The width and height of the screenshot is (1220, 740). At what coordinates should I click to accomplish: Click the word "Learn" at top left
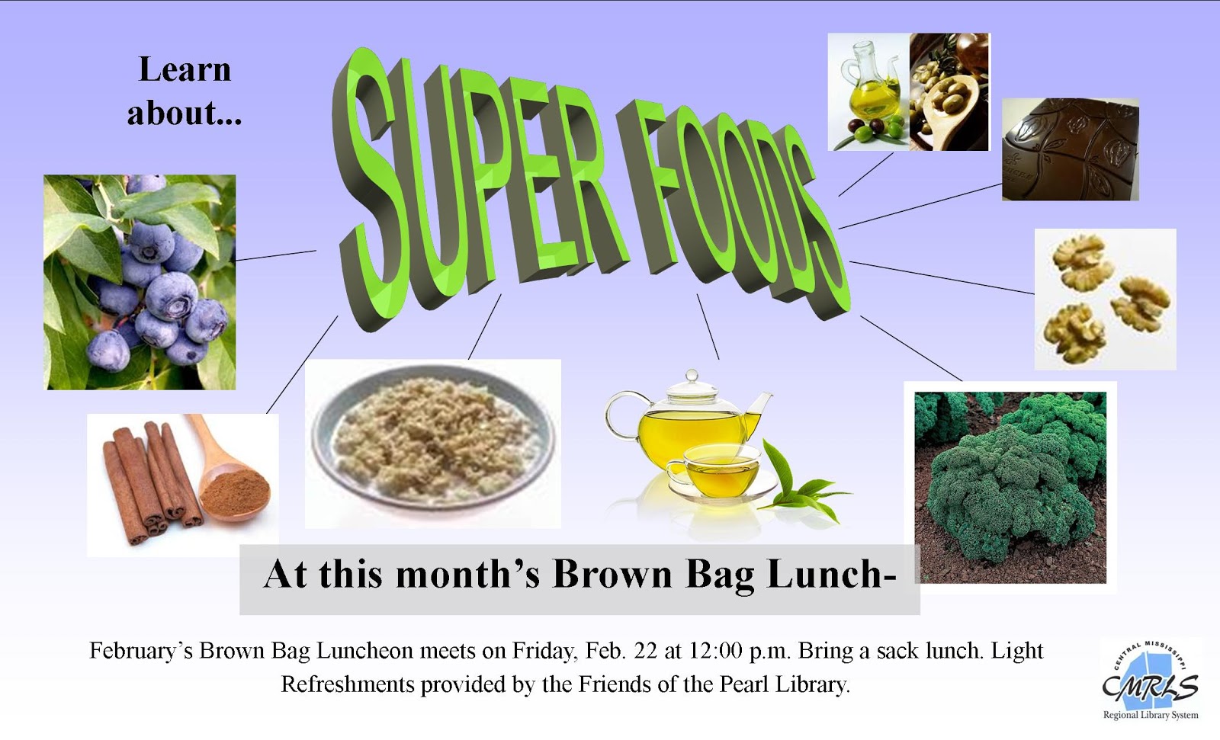tap(185, 69)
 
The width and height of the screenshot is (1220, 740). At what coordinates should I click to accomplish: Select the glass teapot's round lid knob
tap(692, 376)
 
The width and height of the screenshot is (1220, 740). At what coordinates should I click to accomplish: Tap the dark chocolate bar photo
tap(1071, 149)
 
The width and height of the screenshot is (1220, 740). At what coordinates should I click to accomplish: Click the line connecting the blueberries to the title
tap(275, 255)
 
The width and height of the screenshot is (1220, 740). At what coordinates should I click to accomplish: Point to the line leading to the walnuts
tap(942, 277)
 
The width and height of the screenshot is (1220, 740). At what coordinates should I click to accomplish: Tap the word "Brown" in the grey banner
tap(613, 575)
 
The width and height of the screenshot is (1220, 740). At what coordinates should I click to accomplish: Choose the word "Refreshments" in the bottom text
tap(348, 684)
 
